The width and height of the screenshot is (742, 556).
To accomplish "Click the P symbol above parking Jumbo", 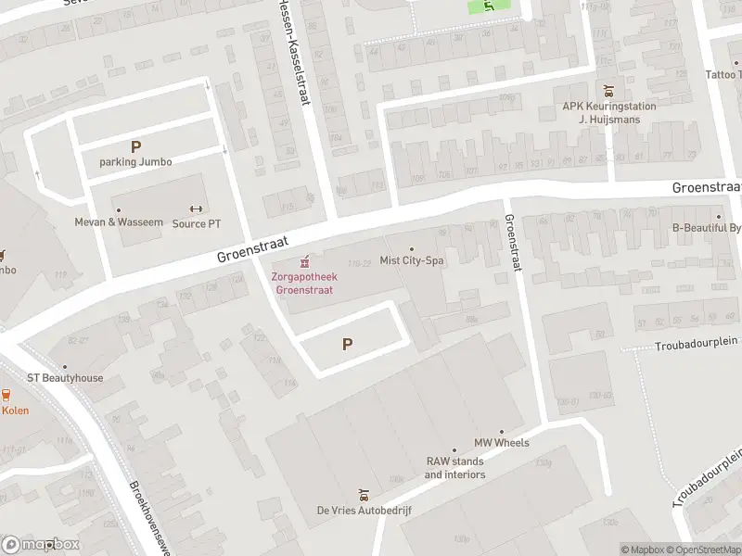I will tap(136, 146).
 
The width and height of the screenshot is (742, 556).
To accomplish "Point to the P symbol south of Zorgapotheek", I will tap(348, 344).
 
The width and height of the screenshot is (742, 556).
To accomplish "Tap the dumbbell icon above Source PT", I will tap(196, 208).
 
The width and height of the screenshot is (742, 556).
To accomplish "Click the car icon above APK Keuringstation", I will tap(608, 91).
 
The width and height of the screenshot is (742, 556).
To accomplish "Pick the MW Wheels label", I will tap(502, 443).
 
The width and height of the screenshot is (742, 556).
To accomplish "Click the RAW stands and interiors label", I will tap(455, 468).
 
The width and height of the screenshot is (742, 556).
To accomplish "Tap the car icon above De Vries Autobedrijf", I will tap(364, 494).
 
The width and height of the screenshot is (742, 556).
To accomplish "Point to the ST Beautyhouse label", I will tap(65, 378).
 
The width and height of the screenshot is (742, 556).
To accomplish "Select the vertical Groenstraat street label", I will tap(511, 244).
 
